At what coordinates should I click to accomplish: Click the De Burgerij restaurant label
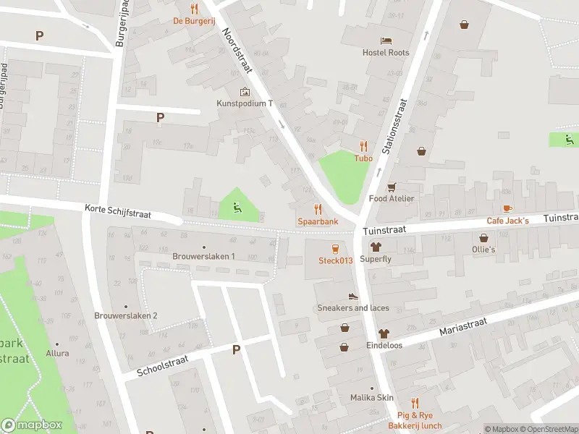(193, 21)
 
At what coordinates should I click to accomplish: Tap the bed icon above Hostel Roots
(386, 40)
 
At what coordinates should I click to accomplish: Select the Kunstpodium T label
(245, 103)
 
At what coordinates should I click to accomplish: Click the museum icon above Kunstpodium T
(245, 92)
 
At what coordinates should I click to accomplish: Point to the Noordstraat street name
(237, 51)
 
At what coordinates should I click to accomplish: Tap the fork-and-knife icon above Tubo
(363, 145)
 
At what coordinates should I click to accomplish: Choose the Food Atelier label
(392, 198)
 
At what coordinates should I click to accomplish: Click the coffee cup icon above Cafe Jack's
(507, 208)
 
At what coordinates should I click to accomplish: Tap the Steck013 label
(335, 260)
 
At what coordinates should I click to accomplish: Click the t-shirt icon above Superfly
(376, 247)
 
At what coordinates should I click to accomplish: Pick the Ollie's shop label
(483, 250)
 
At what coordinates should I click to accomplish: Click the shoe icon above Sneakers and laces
(353, 296)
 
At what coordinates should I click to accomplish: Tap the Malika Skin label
(371, 398)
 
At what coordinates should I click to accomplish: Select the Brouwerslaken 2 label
(126, 315)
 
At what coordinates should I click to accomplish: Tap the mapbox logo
(32, 425)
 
